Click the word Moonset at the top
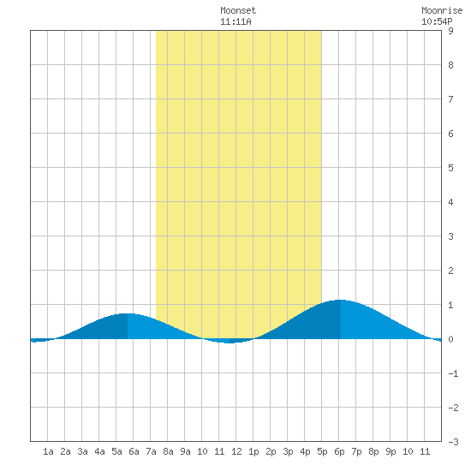238,10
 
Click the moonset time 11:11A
235,21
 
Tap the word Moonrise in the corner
442,10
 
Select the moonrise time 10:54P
437,21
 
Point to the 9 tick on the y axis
450,31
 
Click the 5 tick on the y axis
450,168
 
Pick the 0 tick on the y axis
450,339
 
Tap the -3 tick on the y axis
453,442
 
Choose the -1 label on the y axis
453,373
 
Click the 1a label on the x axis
48,451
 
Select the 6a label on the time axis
134,451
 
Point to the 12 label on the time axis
236,451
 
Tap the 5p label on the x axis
322,451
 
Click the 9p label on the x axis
391,451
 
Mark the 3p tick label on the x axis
288,451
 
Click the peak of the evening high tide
340,300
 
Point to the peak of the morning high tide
128,313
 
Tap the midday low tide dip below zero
230,343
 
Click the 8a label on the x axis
168,451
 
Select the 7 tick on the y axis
450,99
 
